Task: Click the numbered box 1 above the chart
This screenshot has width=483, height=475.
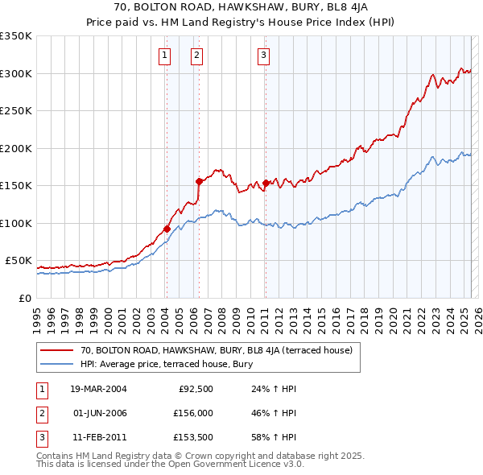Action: [x=164, y=56]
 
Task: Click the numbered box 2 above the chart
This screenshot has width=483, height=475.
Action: [x=196, y=56]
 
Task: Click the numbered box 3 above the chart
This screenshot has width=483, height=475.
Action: [x=263, y=56]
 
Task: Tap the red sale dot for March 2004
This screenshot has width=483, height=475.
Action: [x=167, y=229]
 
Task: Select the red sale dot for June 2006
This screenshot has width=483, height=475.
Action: [x=198, y=181]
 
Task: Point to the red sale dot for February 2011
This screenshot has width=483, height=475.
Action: [x=265, y=183]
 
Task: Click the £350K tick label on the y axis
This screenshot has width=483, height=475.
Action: [x=16, y=36]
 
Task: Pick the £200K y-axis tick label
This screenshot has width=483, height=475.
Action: [x=16, y=148]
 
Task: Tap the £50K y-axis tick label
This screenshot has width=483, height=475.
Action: [x=19, y=261]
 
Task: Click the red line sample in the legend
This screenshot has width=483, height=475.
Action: [x=57, y=350]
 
